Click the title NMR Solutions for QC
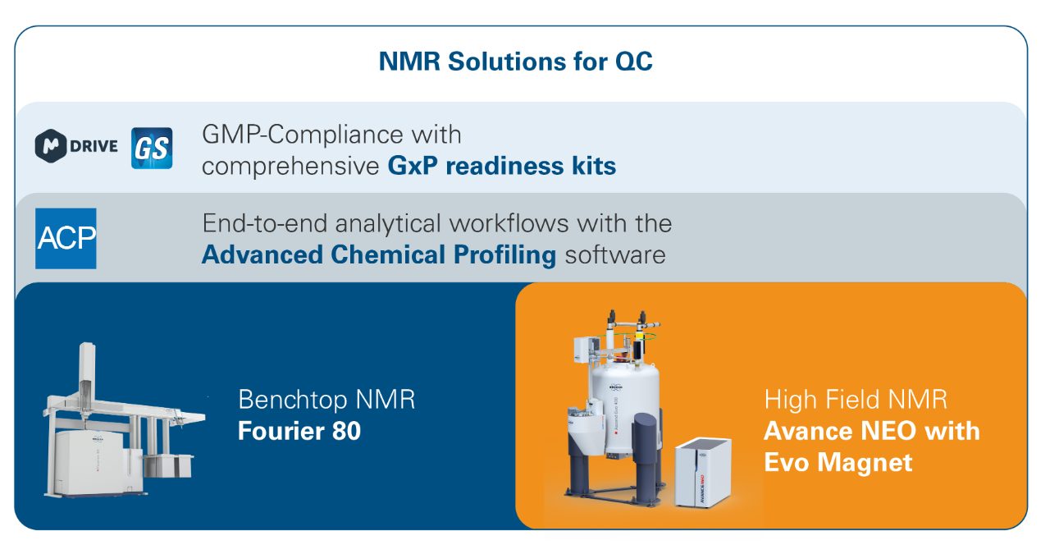click(x=515, y=62)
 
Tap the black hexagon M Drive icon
click(x=51, y=146)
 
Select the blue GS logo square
click(x=152, y=148)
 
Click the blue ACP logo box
click(x=66, y=238)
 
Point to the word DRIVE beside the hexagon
click(x=94, y=146)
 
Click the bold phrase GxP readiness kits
click(x=501, y=166)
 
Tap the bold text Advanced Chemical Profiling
click(x=379, y=255)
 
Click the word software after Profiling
click(x=615, y=255)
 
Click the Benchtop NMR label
click(x=326, y=399)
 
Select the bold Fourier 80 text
click(x=299, y=431)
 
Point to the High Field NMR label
click(x=856, y=399)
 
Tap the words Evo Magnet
click(x=838, y=463)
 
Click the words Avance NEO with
click(x=872, y=431)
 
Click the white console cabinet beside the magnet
click(x=703, y=472)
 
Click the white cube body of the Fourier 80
click(x=89, y=462)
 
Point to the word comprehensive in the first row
click(x=290, y=167)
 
